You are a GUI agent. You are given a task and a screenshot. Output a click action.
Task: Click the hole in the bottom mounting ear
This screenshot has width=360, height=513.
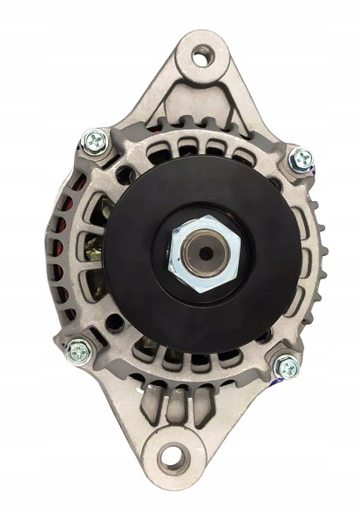tap(173, 456)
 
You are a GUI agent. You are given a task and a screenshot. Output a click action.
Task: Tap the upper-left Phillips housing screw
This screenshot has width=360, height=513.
tap(94, 140)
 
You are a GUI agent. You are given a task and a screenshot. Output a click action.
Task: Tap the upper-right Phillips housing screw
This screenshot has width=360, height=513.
tap(302, 159)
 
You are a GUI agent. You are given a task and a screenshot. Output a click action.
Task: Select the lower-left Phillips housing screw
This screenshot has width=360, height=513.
tap(78, 352)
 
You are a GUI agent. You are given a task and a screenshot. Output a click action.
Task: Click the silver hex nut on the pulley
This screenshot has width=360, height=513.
tap(204, 253)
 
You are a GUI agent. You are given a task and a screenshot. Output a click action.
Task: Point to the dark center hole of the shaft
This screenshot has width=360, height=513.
tap(206, 253)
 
